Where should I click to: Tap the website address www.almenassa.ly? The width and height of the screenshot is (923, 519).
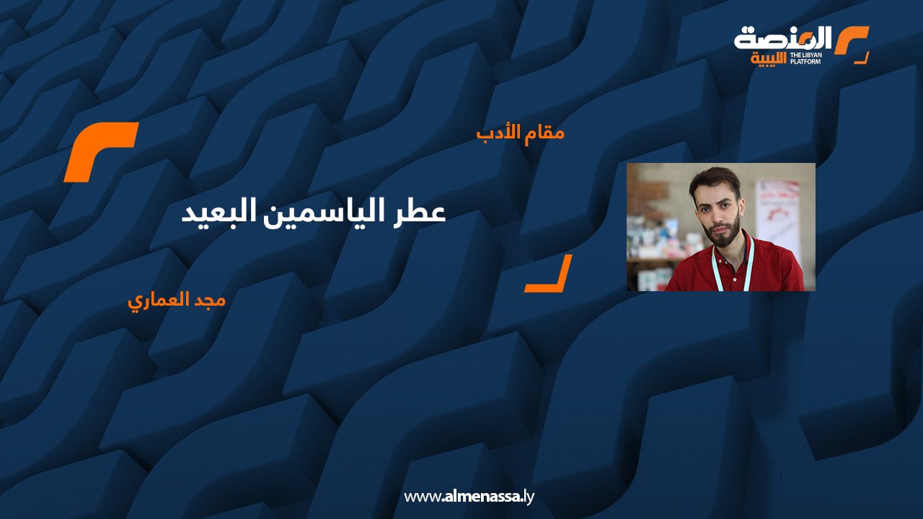point(469,497)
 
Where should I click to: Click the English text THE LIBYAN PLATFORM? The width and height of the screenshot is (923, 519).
point(805,58)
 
